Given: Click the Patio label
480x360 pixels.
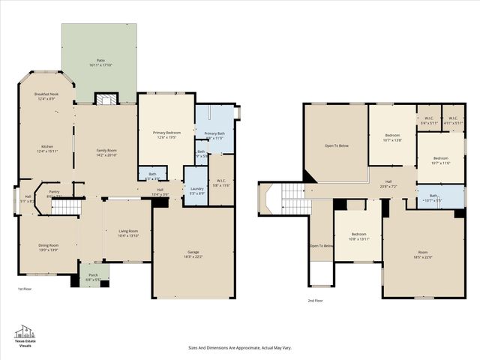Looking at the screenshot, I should (x=100, y=60).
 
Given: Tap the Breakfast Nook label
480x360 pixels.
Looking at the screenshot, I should (x=47, y=94).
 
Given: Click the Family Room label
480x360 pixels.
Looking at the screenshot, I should (x=106, y=151).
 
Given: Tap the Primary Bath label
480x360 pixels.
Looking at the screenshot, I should (x=214, y=133).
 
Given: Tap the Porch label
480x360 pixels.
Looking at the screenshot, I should (x=94, y=274).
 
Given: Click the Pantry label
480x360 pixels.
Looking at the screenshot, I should (x=55, y=191).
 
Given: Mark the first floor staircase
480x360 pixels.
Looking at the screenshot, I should (x=69, y=207).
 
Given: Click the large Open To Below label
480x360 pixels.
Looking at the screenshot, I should (x=336, y=145).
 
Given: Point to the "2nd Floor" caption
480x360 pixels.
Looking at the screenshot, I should (x=315, y=300).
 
